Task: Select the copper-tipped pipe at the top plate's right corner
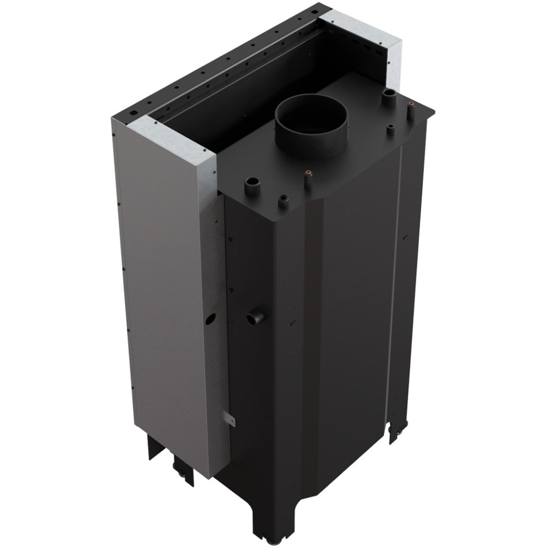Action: point(411,105)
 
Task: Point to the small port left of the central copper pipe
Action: point(282,200)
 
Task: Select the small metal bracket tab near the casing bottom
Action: point(229,419)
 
